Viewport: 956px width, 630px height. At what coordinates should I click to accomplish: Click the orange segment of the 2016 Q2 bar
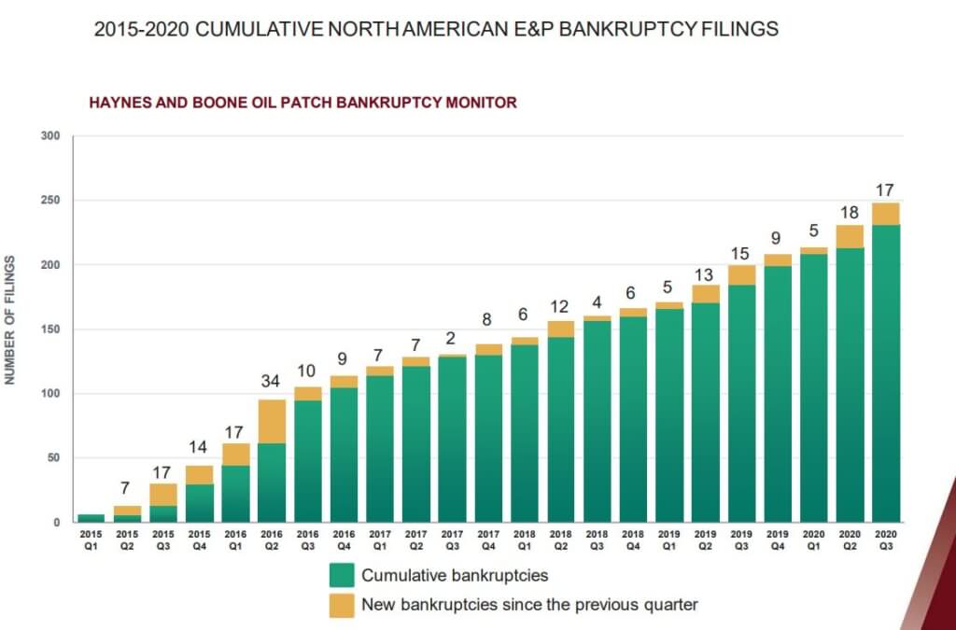pyautogui.click(x=272, y=421)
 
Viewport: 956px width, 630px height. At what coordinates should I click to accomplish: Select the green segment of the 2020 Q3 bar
pyautogui.click(x=885, y=373)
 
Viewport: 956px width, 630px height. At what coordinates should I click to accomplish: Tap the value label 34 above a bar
pyautogui.click(x=272, y=381)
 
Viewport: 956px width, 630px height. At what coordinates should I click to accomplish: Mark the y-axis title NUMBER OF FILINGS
pyautogui.click(x=11, y=318)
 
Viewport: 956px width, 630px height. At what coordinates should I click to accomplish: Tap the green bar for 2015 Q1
pyautogui.click(x=91, y=517)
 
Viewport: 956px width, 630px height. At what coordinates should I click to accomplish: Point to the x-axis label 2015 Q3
pyautogui.click(x=162, y=539)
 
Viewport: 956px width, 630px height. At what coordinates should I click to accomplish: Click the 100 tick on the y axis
pyautogui.click(x=50, y=394)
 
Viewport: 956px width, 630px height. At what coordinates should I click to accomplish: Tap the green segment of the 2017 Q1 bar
pyautogui.click(x=380, y=448)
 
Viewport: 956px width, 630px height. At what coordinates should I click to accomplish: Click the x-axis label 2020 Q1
pyautogui.click(x=812, y=539)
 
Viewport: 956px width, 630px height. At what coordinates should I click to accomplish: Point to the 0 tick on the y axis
pyautogui.click(x=56, y=523)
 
